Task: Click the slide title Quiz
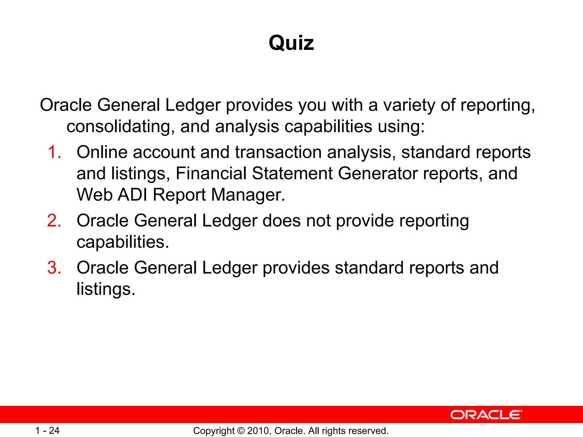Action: (291, 43)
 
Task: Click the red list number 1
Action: (54, 152)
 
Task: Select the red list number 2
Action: (54, 221)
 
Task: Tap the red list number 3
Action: (54, 268)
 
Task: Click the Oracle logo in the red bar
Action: (486, 415)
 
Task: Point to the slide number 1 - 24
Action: (47, 431)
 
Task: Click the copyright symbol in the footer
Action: (241, 431)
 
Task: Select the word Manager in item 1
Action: (248, 195)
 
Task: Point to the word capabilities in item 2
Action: (123, 242)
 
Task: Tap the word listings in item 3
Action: (106, 289)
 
